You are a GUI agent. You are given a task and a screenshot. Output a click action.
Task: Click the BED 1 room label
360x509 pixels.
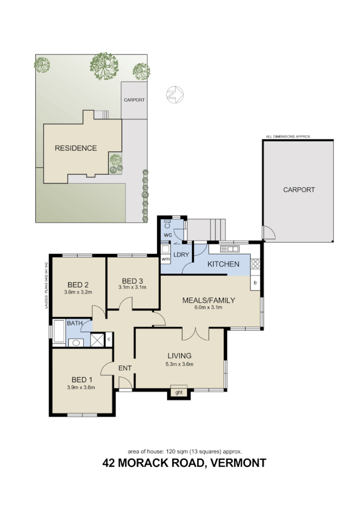tap(81, 380)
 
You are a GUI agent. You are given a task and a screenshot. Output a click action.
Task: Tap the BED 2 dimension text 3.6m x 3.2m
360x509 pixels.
tap(78, 293)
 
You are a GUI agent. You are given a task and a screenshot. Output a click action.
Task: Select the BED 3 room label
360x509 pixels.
tap(132, 281)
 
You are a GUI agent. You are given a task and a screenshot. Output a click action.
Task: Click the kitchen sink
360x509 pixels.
tap(230, 249)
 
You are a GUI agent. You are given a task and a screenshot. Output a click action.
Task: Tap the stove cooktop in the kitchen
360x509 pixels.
tap(255, 265)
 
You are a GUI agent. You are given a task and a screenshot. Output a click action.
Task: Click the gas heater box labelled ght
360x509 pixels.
tap(179, 393)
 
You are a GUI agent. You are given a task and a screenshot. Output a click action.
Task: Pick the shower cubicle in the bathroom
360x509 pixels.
tap(96, 338)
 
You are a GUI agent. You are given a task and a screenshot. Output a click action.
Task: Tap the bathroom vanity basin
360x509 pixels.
tap(77, 343)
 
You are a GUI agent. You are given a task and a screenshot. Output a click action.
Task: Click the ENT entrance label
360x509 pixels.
tap(125, 368)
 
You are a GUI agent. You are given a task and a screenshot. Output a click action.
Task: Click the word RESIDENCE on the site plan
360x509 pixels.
tap(76, 148)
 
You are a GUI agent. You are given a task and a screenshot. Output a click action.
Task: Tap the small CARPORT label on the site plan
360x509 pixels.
tap(134, 100)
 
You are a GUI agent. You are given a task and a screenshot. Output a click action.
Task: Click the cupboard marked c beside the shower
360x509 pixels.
tap(108, 338)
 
